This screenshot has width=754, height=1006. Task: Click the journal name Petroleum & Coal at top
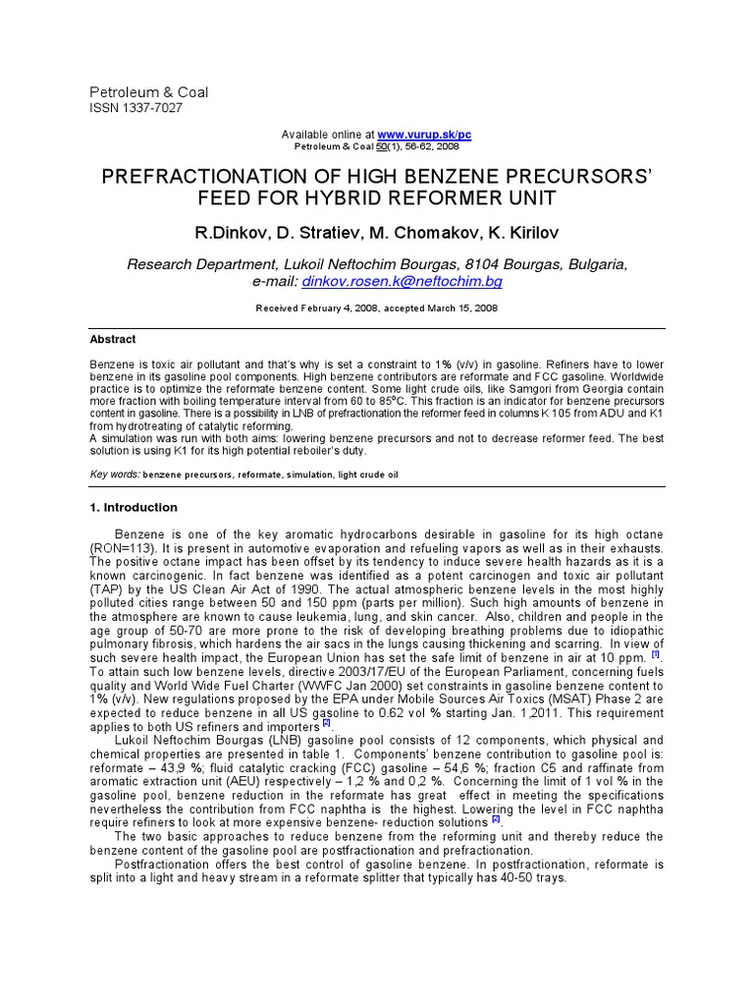pos(148,92)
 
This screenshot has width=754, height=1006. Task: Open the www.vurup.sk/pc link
pos(424,134)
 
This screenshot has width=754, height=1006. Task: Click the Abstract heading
pos(113,339)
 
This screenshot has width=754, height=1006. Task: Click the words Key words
pos(115,474)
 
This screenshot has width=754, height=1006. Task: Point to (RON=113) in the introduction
pos(122,547)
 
